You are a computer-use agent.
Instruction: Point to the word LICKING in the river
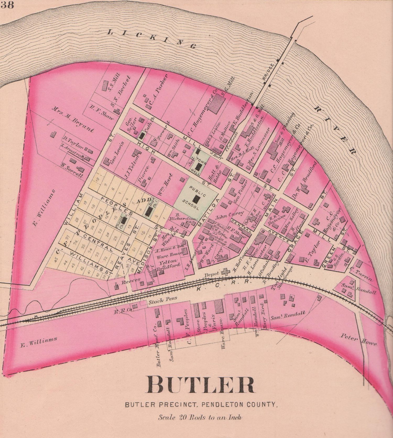point(152,39)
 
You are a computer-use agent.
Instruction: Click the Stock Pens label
point(163,301)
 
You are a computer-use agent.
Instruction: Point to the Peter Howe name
point(359,340)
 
